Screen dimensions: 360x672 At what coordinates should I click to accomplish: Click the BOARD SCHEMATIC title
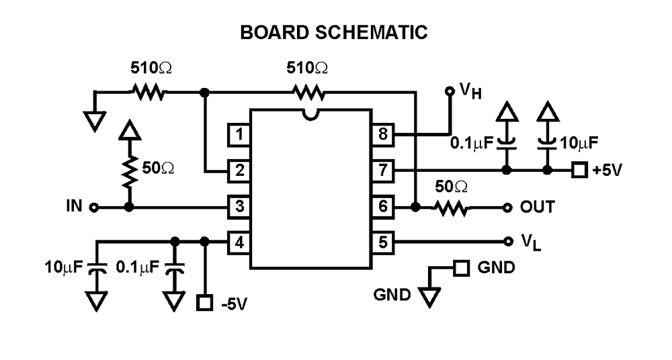[334, 32]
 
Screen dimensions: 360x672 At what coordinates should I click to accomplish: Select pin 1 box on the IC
[239, 135]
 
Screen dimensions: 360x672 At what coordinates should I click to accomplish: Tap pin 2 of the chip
[239, 171]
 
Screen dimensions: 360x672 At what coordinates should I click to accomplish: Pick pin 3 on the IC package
[239, 206]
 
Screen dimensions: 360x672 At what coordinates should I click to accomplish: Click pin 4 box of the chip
[239, 241]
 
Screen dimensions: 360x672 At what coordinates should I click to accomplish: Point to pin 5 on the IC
[383, 241]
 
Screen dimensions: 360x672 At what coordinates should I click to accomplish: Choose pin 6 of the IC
[383, 206]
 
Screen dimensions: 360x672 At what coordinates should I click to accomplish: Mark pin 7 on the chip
[383, 171]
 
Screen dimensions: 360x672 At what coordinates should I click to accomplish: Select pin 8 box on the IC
[383, 135]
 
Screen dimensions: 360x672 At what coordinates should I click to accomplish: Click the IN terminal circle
[94, 207]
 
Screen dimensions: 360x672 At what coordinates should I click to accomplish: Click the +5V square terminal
[579, 171]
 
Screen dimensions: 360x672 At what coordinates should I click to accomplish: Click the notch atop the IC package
[310, 115]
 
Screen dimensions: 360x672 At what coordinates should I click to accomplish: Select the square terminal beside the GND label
[461, 268]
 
